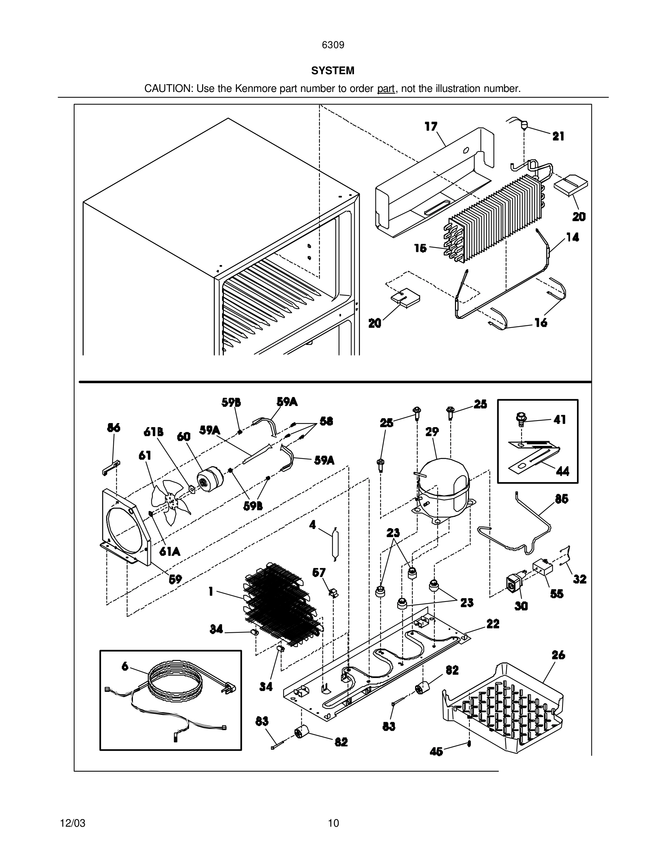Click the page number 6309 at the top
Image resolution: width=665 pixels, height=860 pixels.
click(x=333, y=45)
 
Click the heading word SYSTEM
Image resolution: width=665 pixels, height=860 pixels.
click(x=332, y=71)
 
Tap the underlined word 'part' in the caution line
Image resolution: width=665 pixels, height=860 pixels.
click(x=386, y=89)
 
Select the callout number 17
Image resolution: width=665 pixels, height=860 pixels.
click(x=431, y=126)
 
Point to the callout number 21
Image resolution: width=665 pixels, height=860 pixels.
click(x=558, y=136)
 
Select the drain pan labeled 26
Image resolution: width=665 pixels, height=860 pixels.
click(x=504, y=709)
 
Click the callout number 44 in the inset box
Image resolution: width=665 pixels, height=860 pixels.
click(x=562, y=471)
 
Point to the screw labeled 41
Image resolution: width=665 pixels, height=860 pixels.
click(x=522, y=418)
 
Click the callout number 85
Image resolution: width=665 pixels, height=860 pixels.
click(x=561, y=499)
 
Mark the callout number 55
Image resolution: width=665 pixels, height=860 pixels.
click(x=557, y=594)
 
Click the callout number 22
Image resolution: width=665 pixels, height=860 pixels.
click(x=493, y=624)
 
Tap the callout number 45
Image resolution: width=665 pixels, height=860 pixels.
click(x=436, y=752)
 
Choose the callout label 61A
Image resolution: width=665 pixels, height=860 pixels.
click(x=170, y=552)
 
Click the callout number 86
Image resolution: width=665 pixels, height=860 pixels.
click(x=113, y=427)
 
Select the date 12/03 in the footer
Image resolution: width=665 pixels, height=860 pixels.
click(x=72, y=823)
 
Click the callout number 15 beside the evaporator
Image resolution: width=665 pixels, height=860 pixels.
click(x=421, y=248)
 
